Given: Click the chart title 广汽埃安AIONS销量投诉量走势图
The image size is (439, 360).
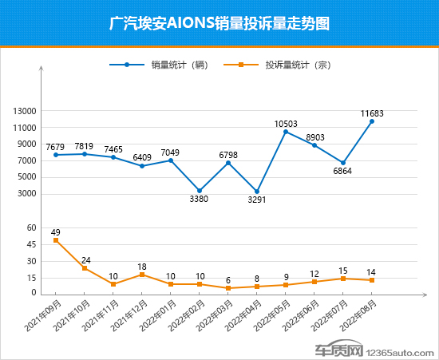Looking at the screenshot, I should pos(219,23).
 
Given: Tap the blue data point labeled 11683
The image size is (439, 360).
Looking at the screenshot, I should pos(372,121).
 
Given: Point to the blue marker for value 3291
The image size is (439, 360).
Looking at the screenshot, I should pos(257,192).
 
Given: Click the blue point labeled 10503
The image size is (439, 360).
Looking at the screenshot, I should pos(286,132).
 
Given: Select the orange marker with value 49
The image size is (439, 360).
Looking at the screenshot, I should pos(56,240).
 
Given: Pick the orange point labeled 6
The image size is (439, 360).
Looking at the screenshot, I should pos(228,288).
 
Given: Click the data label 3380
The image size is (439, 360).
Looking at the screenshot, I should pos(199,200).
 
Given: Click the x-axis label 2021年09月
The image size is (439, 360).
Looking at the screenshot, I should pos(46,318).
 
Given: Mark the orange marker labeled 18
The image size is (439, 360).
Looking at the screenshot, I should pos(142,275).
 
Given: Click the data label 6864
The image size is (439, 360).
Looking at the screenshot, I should pos(343,171).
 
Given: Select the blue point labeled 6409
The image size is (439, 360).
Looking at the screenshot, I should pos(142,165).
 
